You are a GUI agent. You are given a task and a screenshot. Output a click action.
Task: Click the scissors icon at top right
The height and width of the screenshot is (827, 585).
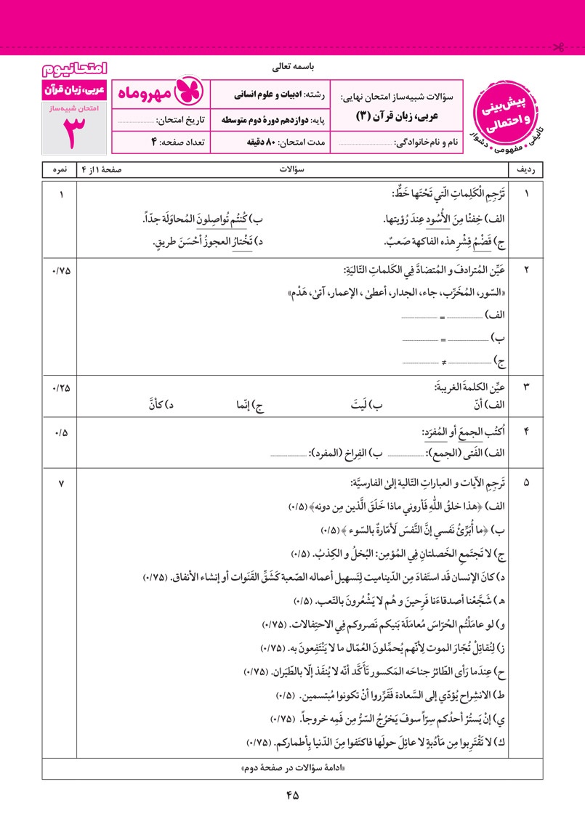[559, 48]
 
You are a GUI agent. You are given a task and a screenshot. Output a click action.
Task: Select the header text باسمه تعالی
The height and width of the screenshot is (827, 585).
[291, 68]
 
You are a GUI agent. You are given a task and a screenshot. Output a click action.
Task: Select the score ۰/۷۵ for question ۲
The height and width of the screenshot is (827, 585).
[60, 271]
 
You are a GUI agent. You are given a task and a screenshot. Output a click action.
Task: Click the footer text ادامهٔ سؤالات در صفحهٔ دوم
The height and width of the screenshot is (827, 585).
[292, 768]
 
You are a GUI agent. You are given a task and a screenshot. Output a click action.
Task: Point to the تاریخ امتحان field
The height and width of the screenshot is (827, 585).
[161, 119]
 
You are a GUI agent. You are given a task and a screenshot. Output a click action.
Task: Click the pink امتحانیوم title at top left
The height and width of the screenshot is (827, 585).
[73, 70]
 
